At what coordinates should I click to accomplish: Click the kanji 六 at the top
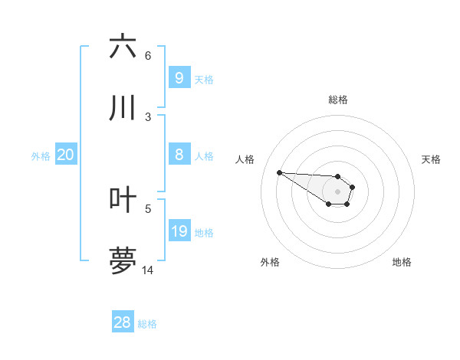123,47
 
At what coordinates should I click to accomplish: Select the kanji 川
123,108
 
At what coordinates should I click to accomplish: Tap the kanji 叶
123,200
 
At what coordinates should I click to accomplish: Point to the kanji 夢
123,261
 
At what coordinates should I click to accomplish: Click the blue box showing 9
179,77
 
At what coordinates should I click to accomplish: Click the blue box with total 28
122,322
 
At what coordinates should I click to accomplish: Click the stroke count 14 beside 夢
148,270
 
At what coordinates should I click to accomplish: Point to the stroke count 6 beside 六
148,56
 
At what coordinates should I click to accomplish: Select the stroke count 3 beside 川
148,117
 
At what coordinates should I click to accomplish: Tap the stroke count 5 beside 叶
148,208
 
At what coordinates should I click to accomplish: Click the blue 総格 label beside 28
147,324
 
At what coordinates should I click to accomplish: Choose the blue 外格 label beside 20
41,156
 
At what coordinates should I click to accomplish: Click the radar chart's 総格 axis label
338,100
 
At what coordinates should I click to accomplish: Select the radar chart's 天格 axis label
431,159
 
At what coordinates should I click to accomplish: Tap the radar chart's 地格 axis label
402,262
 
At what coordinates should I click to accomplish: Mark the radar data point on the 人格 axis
279,172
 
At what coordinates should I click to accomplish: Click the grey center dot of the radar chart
337,191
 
